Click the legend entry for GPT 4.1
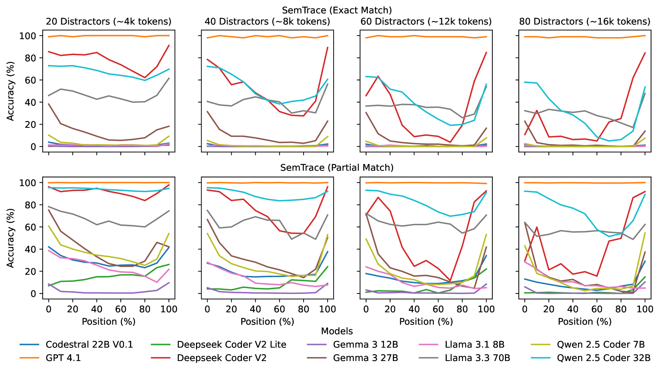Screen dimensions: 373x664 [x=63, y=358]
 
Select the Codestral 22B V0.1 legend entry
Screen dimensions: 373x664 [x=89, y=345]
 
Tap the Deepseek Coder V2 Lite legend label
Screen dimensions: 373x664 [x=232, y=345]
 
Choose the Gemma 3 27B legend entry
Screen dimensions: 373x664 [x=365, y=358]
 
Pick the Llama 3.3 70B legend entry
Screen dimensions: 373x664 [x=477, y=358]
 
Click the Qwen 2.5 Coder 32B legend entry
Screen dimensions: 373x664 [x=604, y=358]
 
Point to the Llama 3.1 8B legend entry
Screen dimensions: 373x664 [x=474, y=345]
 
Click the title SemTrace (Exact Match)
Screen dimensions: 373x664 [x=337, y=10]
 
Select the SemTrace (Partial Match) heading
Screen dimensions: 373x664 [x=337, y=168]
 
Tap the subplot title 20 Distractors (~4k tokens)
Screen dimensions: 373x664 [x=108, y=22]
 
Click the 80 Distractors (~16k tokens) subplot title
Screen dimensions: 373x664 [x=584, y=22]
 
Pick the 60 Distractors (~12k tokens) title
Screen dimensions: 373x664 [x=426, y=22]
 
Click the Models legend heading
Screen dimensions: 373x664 [x=337, y=331]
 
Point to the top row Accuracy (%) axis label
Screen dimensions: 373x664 [x=11, y=91]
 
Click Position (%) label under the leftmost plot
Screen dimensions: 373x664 [x=108, y=321]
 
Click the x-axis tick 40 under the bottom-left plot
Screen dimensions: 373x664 [x=96, y=309]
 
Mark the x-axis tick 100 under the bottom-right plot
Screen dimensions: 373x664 [x=645, y=309]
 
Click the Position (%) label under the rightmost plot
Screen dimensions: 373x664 [x=584, y=321]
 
